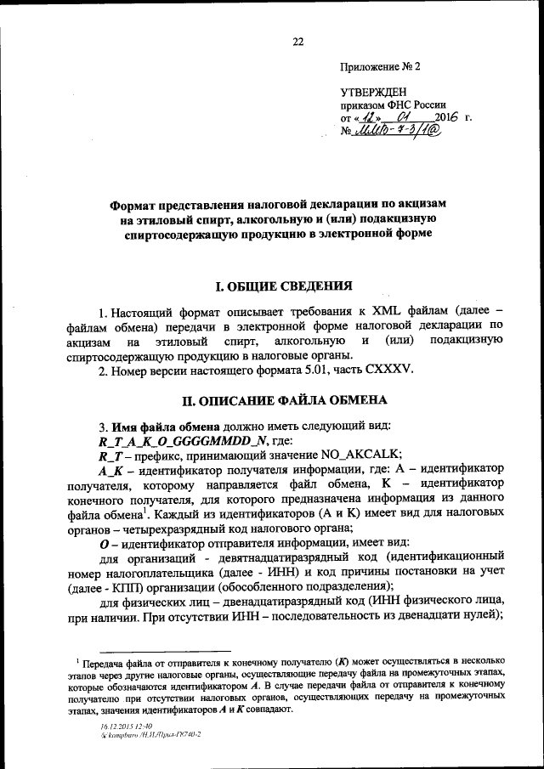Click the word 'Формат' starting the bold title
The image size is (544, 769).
(x=139, y=205)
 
